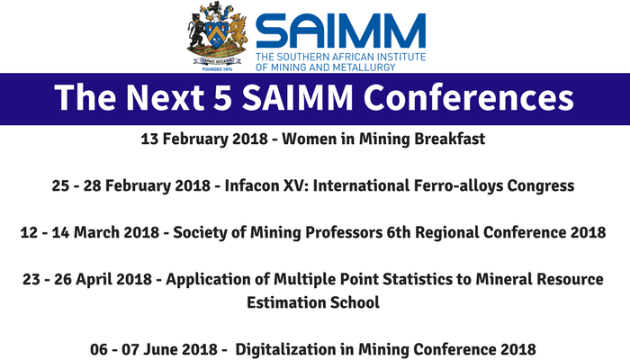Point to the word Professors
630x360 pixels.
342,232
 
